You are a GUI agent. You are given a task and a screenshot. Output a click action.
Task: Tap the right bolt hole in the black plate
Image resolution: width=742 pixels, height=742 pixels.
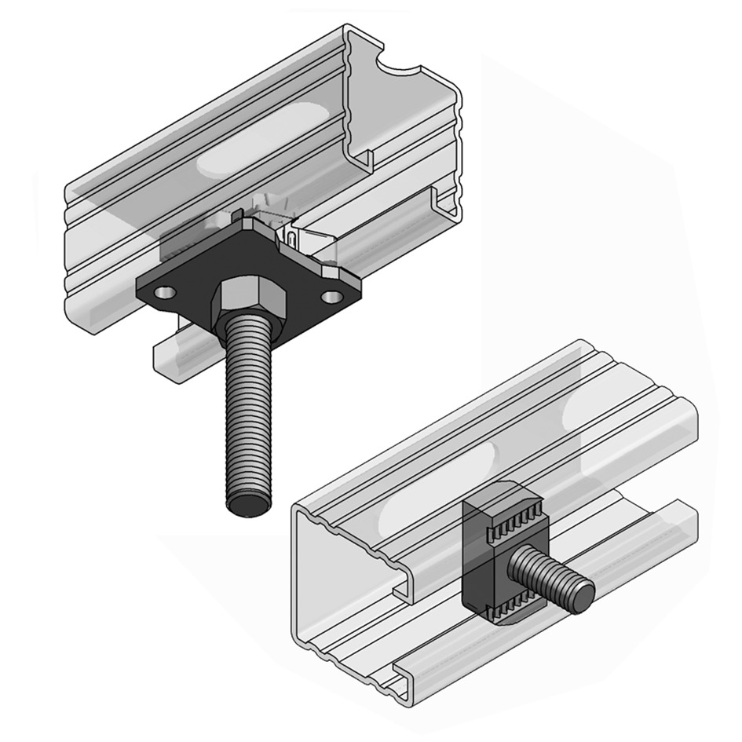click(x=332, y=297)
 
